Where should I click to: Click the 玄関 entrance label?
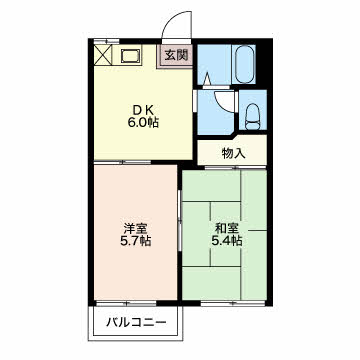[176, 55]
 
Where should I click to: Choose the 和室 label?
[224, 226]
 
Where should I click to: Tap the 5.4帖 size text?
[225, 241]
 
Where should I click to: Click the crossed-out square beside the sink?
[104, 55]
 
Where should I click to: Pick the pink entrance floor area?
[176, 56]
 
